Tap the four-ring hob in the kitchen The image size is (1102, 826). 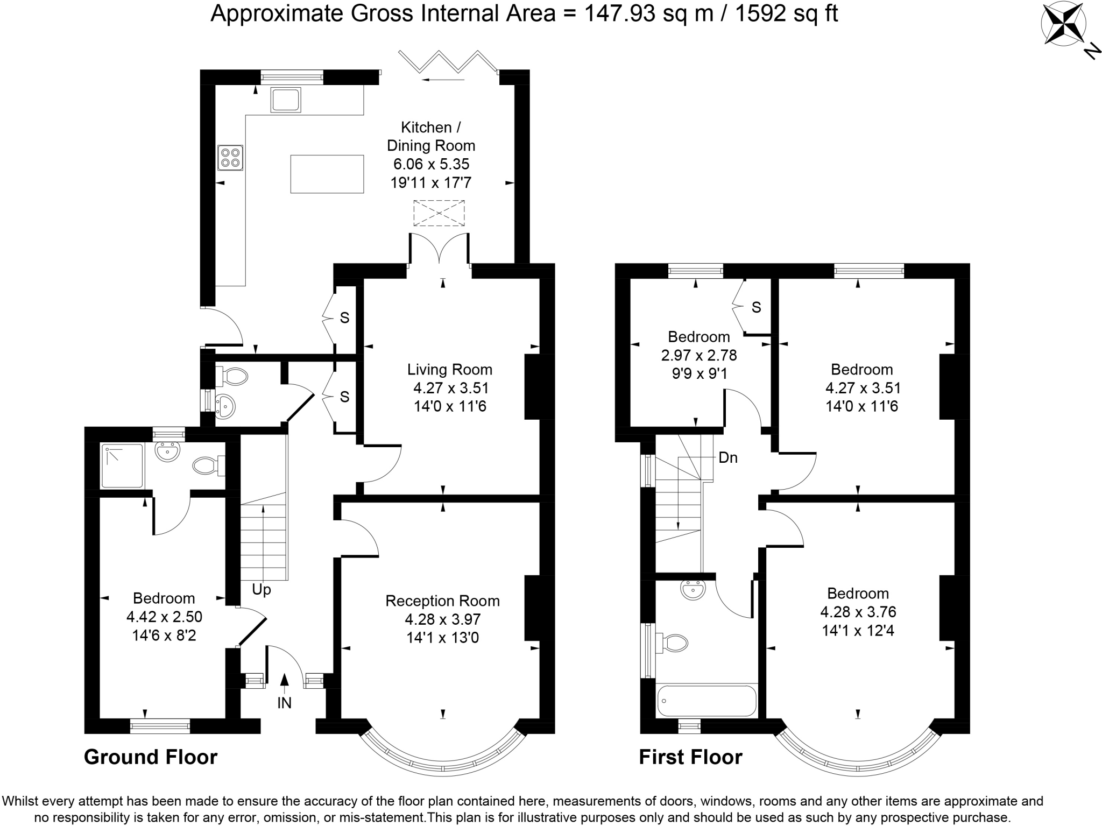(230, 158)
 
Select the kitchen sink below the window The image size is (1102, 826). (286, 101)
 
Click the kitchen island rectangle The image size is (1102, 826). (327, 174)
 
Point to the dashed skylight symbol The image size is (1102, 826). (439, 213)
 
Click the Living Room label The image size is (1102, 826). (450, 370)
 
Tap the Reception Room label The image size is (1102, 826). (442, 601)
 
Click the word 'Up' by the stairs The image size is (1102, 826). (262, 590)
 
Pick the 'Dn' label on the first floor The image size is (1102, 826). (728, 457)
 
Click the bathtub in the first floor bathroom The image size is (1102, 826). (707, 701)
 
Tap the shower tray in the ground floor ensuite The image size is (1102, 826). (122, 466)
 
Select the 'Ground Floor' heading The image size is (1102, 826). (151, 757)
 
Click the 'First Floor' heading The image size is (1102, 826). (690, 757)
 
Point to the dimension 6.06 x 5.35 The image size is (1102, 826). (431, 164)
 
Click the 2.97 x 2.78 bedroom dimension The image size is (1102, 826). (699, 355)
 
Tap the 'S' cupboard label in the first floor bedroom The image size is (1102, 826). (756, 307)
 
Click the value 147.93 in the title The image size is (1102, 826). (620, 13)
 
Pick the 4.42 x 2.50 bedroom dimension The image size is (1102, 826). (164, 617)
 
